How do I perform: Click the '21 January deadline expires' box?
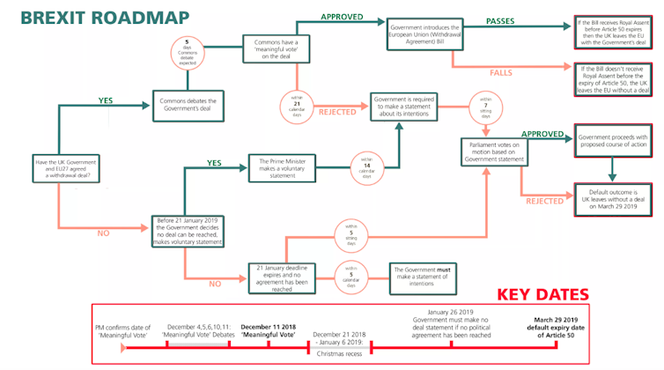point(281,270)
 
